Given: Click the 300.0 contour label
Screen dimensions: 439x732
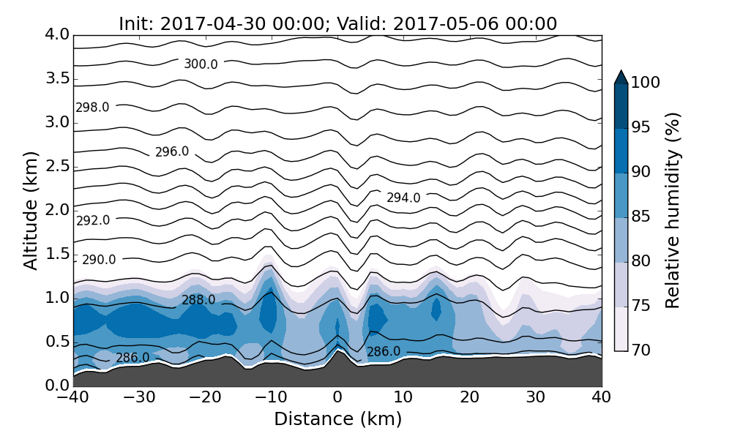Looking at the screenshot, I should (201, 64).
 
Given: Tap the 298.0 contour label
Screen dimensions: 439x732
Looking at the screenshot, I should (92, 108).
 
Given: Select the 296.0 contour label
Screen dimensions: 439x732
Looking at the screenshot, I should (172, 152).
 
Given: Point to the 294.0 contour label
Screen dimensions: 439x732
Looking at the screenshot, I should (403, 198).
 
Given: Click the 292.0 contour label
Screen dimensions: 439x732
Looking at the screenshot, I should (93, 220).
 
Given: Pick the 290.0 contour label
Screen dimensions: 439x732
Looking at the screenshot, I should (99, 260).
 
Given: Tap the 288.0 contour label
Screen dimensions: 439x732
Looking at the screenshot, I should (198, 300).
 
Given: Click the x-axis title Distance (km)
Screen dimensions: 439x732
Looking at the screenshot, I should (337, 419).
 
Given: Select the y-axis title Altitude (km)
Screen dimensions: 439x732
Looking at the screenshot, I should (31, 210).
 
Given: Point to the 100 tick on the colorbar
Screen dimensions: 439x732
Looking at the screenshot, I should (645, 83).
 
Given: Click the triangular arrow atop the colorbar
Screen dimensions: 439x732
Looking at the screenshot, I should (621, 77).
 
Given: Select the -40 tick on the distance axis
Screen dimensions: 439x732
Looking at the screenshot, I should (73, 397).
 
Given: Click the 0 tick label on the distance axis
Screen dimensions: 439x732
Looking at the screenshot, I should (337, 397).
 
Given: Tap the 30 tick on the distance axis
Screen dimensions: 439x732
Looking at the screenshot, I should (535, 397).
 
